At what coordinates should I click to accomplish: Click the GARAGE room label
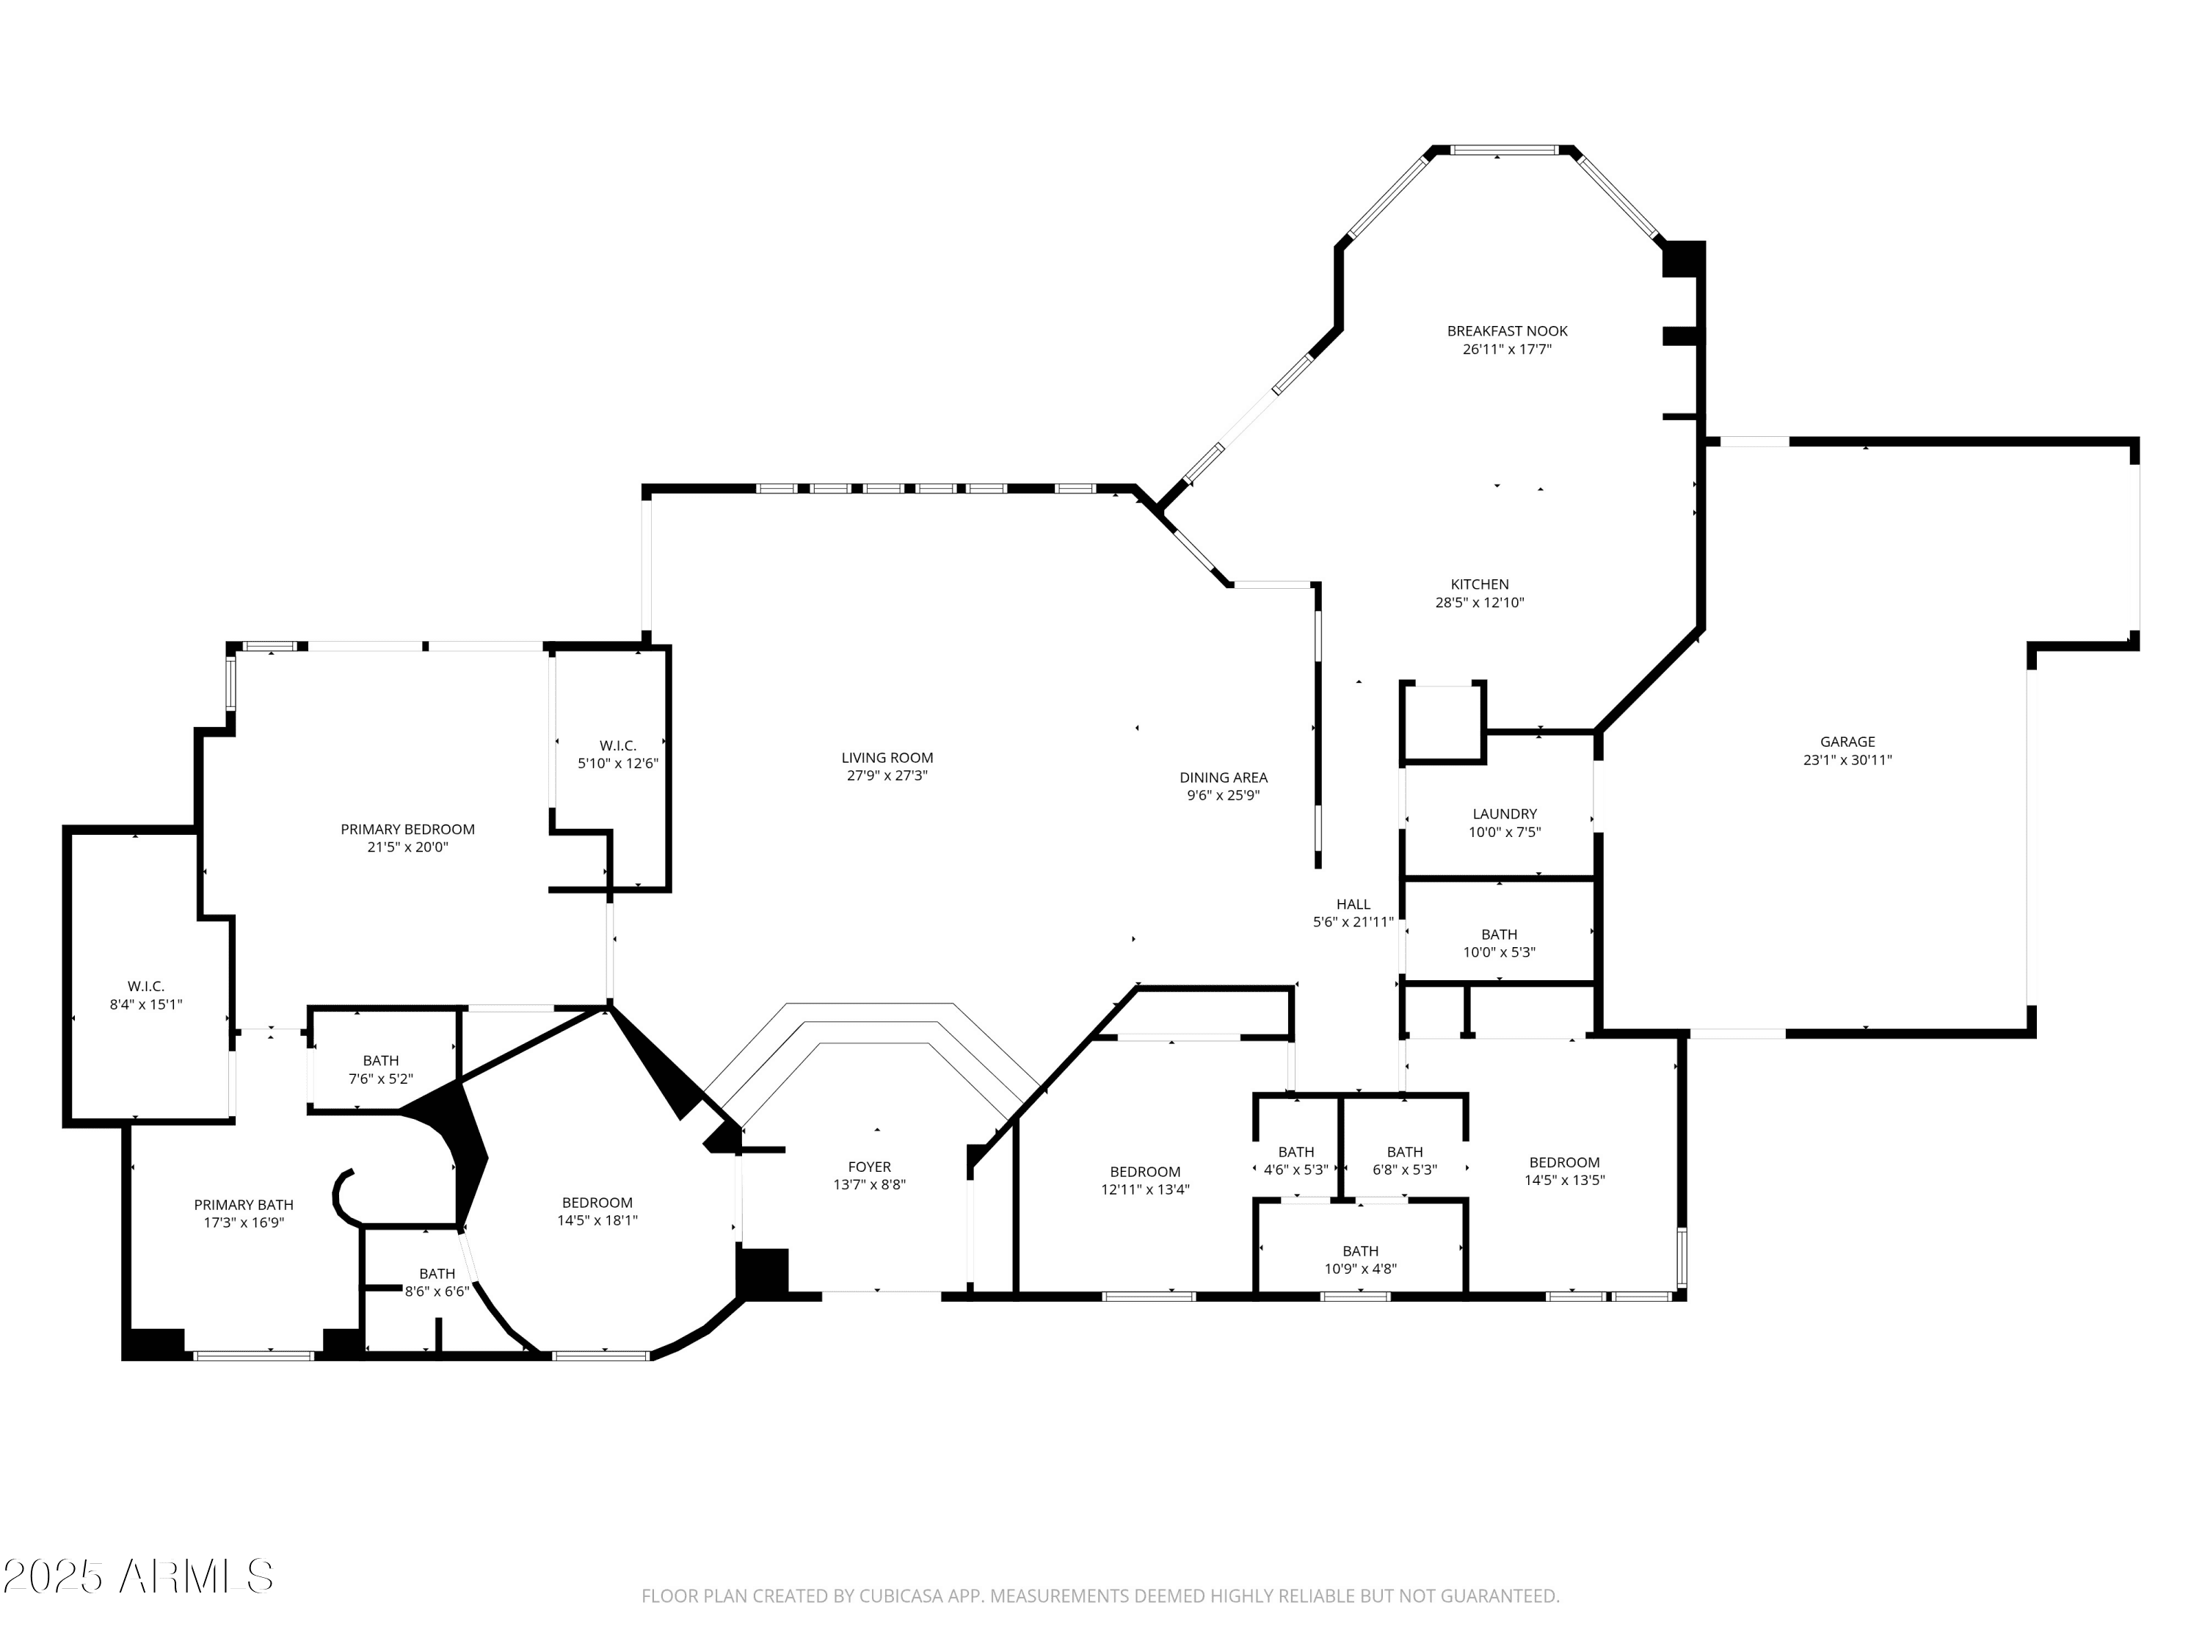click(1847, 741)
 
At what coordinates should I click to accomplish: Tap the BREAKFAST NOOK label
click(1506, 330)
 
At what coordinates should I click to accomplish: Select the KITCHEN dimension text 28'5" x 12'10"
click(1478, 603)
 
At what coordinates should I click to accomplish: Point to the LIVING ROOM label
click(886, 758)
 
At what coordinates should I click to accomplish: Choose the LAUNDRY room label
click(1503, 814)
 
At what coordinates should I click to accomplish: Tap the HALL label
click(1353, 904)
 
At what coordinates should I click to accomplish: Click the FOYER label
click(869, 1167)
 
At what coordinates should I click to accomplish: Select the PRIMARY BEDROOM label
click(407, 830)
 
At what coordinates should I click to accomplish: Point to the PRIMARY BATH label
click(244, 1205)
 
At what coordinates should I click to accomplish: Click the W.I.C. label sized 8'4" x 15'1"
click(145, 987)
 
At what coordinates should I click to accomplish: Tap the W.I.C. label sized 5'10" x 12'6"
click(617, 746)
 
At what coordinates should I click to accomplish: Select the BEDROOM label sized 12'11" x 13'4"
click(1145, 1172)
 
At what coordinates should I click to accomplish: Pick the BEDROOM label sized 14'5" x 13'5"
click(1564, 1162)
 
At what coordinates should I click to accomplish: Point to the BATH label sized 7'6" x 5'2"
click(380, 1060)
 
